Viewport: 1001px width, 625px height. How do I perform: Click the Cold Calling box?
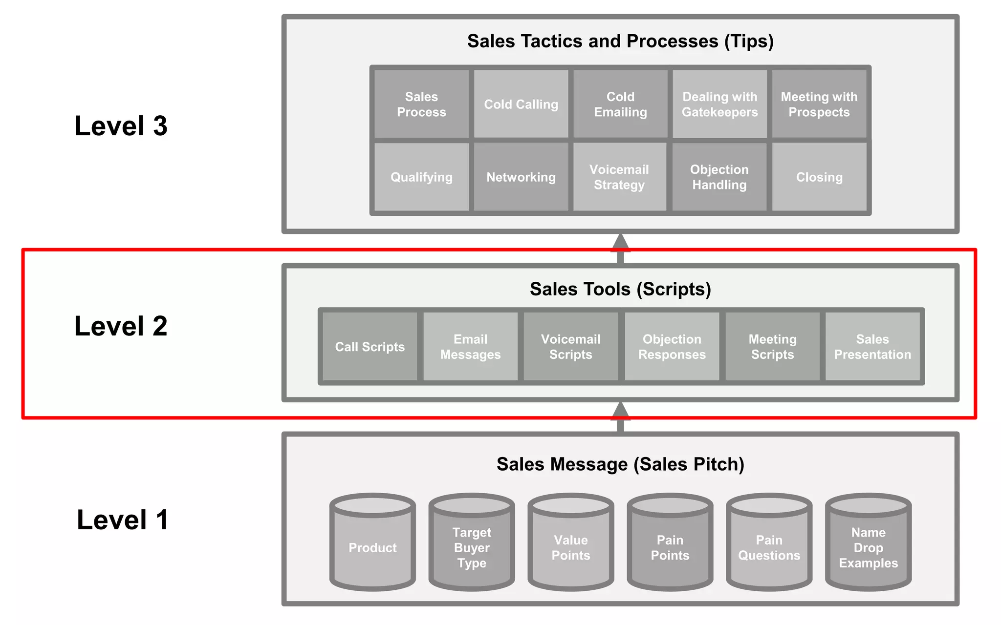pyautogui.click(x=521, y=104)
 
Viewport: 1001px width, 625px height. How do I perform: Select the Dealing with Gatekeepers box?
pyautogui.click(x=719, y=104)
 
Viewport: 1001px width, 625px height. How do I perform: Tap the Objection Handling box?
pyautogui.click(x=719, y=177)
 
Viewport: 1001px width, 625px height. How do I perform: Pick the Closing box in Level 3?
pyautogui.click(x=819, y=177)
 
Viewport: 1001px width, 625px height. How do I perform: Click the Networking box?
pyautogui.click(x=521, y=177)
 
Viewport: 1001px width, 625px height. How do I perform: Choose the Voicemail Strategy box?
pyautogui.click(x=619, y=177)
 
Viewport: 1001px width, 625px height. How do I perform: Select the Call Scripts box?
pyautogui.click(x=370, y=347)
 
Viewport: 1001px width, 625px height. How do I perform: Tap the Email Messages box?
pyautogui.click(x=470, y=347)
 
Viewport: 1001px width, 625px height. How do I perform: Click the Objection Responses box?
pyautogui.click(x=672, y=347)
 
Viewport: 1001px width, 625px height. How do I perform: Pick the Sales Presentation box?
pyautogui.click(x=872, y=347)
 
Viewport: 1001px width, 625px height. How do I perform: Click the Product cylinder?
pyautogui.click(x=372, y=547)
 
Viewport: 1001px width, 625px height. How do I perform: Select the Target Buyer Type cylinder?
pyautogui.click(x=472, y=547)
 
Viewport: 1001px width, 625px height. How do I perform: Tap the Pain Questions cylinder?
pyautogui.click(x=769, y=547)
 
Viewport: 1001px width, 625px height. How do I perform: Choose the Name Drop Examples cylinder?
pyautogui.click(x=868, y=547)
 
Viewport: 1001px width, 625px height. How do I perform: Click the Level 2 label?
pyautogui.click(x=121, y=326)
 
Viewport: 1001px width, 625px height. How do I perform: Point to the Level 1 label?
pyautogui.click(x=123, y=520)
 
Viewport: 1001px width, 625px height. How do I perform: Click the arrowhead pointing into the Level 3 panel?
pyautogui.click(x=620, y=243)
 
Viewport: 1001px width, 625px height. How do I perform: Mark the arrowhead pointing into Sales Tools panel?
pyautogui.click(x=620, y=411)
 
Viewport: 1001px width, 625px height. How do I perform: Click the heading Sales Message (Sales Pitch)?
pyautogui.click(x=620, y=464)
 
